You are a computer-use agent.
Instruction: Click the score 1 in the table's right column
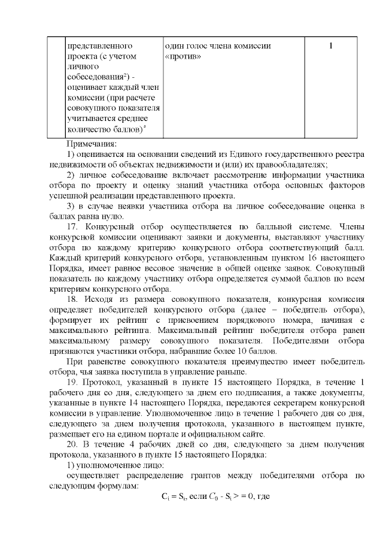click(x=330, y=46)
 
